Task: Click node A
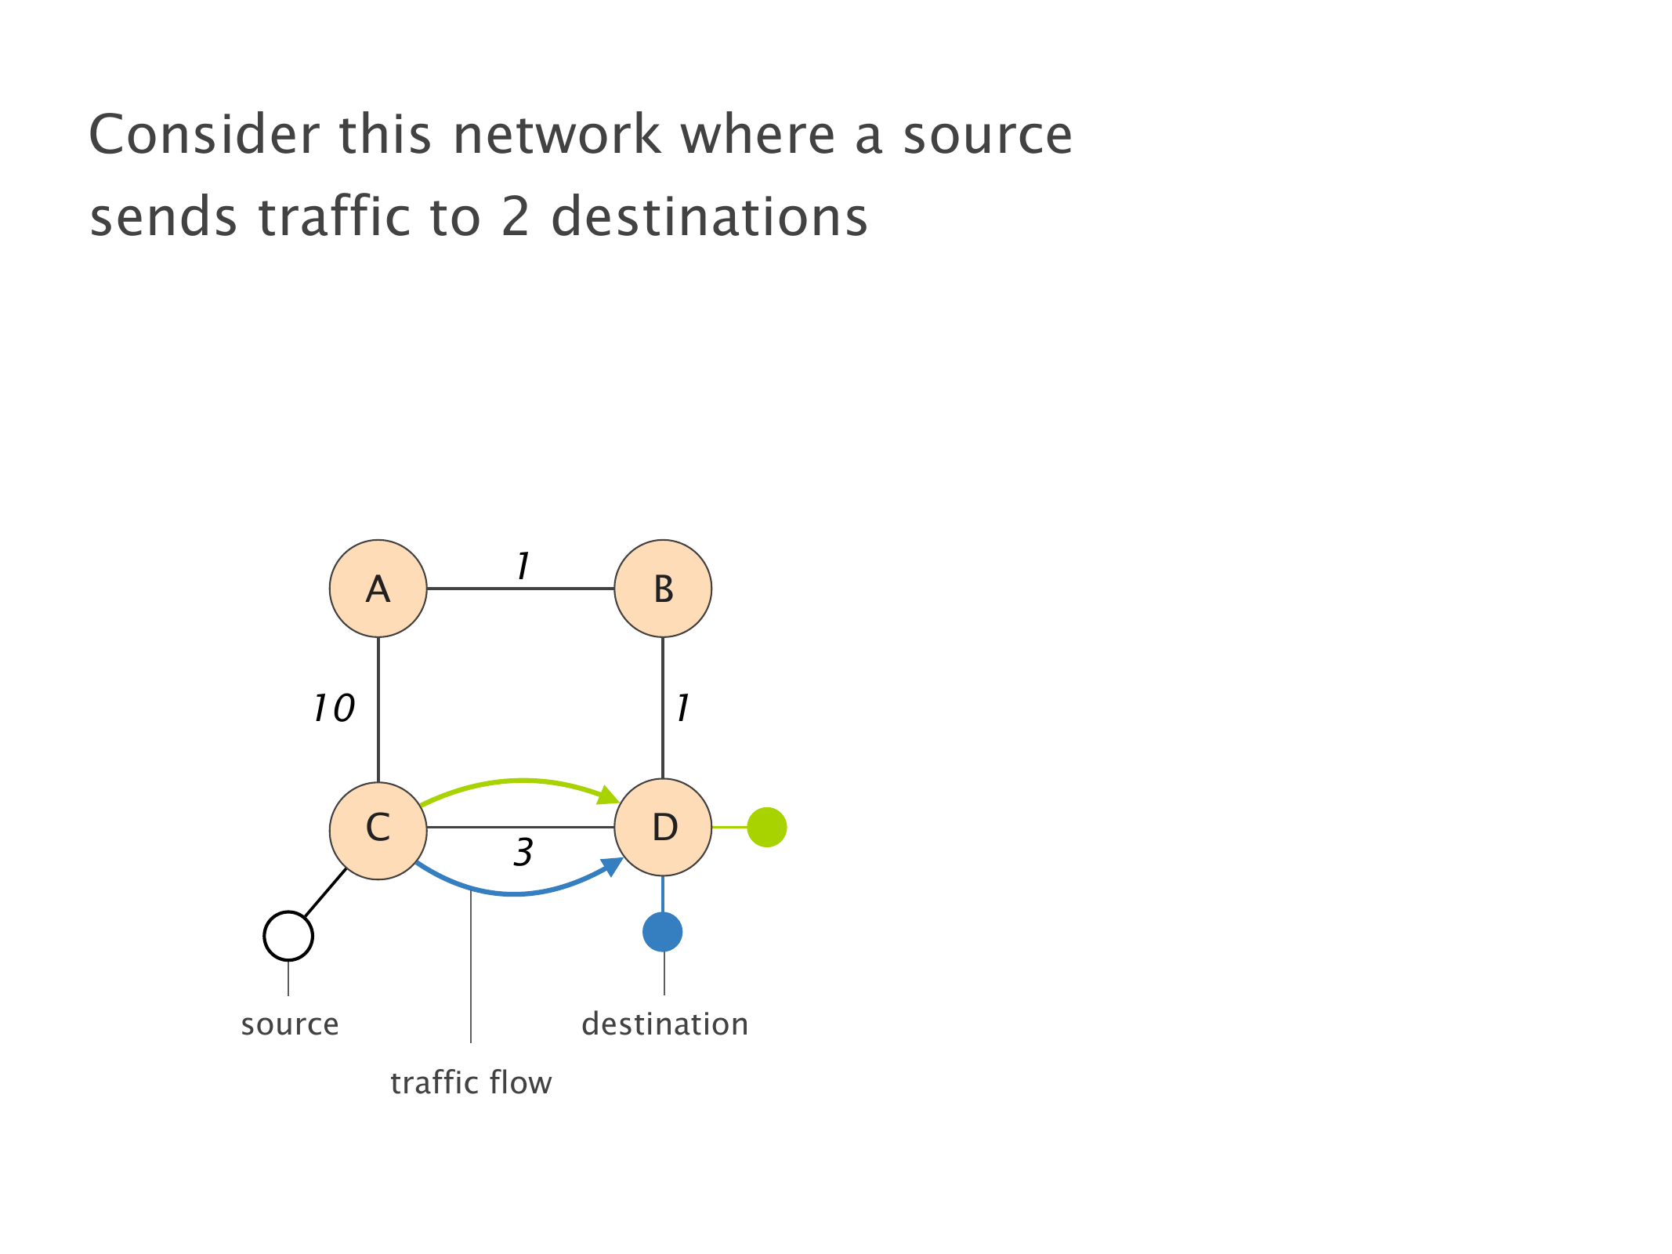click(x=378, y=589)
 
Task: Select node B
click(x=663, y=589)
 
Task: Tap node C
click(x=378, y=827)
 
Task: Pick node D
click(x=663, y=827)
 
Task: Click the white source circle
click(x=288, y=936)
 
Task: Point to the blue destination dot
click(x=663, y=932)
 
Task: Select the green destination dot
click(x=766, y=827)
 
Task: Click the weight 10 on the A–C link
click(x=334, y=709)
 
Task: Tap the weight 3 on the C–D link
click(x=523, y=853)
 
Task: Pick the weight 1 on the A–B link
click(x=523, y=566)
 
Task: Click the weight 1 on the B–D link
click(x=682, y=709)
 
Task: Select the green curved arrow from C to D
click(x=521, y=781)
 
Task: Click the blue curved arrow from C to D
click(x=513, y=893)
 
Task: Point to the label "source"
click(x=290, y=1024)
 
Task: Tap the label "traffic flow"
click(x=471, y=1083)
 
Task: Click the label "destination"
click(x=664, y=1024)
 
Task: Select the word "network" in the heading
click(x=556, y=135)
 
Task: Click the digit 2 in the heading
click(x=516, y=216)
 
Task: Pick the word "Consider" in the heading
click(x=204, y=135)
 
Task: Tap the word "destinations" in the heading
click(x=710, y=216)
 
